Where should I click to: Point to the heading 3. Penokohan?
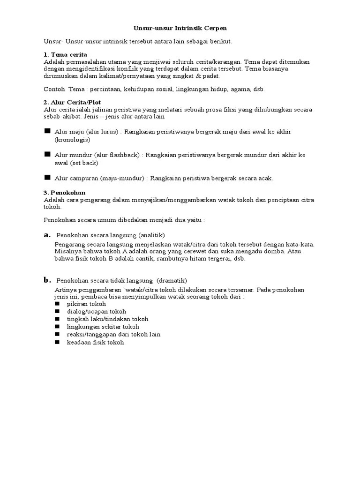click(64, 192)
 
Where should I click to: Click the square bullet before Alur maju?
click(47, 131)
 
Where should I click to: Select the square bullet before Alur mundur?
click(47, 154)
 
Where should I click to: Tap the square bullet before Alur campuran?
click(47, 178)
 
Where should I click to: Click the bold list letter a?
click(47, 234)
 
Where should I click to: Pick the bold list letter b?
click(47, 280)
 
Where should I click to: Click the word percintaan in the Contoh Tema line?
click(106, 89)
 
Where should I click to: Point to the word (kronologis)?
click(72, 140)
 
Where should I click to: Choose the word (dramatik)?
click(172, 280)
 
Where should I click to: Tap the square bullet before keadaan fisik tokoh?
click(57, 342)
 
